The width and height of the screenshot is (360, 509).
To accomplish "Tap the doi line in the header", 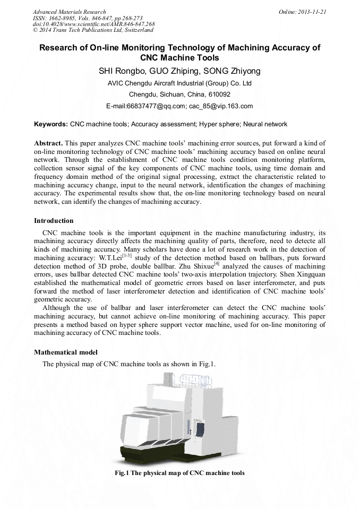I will (93, 24).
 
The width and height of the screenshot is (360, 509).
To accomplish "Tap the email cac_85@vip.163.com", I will (220, 106).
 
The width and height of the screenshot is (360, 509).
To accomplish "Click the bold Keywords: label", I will (51, 124).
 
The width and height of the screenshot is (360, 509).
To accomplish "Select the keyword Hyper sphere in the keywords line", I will (219, 124).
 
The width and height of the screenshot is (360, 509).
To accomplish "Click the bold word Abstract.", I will (48, 143).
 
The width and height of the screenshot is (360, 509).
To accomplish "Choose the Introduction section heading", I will (54, 221).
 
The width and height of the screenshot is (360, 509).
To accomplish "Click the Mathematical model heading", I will (65, 352).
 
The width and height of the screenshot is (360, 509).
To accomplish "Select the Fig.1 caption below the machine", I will (179, 472).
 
